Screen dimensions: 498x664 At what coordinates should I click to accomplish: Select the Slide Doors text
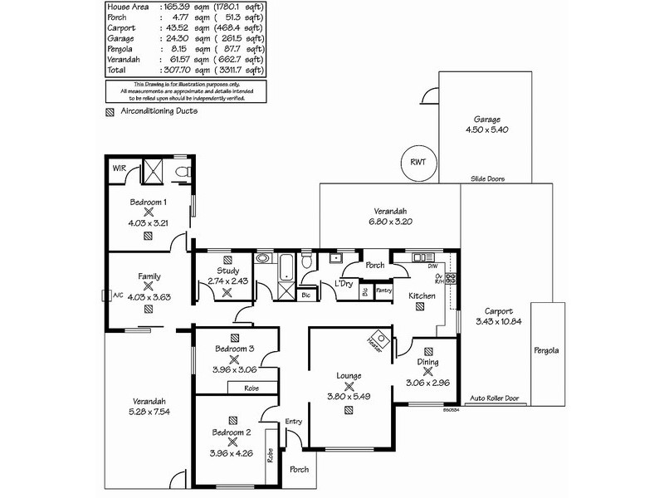pyautogui.click(x=487, y=178)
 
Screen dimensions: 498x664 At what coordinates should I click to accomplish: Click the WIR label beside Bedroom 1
pyautogui.click(x=119, y=169)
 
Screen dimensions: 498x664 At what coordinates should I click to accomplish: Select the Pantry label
pyautogui.click(x=383, y=290)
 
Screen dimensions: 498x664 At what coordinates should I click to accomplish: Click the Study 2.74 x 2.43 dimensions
pyautogui.click(x=228, y=281)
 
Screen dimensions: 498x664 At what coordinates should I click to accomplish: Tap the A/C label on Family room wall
pyautogui.click(x=118, y=294)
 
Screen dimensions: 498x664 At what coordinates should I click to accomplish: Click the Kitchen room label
pyautogui.click(x=422, y=295)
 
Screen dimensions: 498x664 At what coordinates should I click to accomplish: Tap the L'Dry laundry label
pyautogui.click(x=344, y=285)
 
